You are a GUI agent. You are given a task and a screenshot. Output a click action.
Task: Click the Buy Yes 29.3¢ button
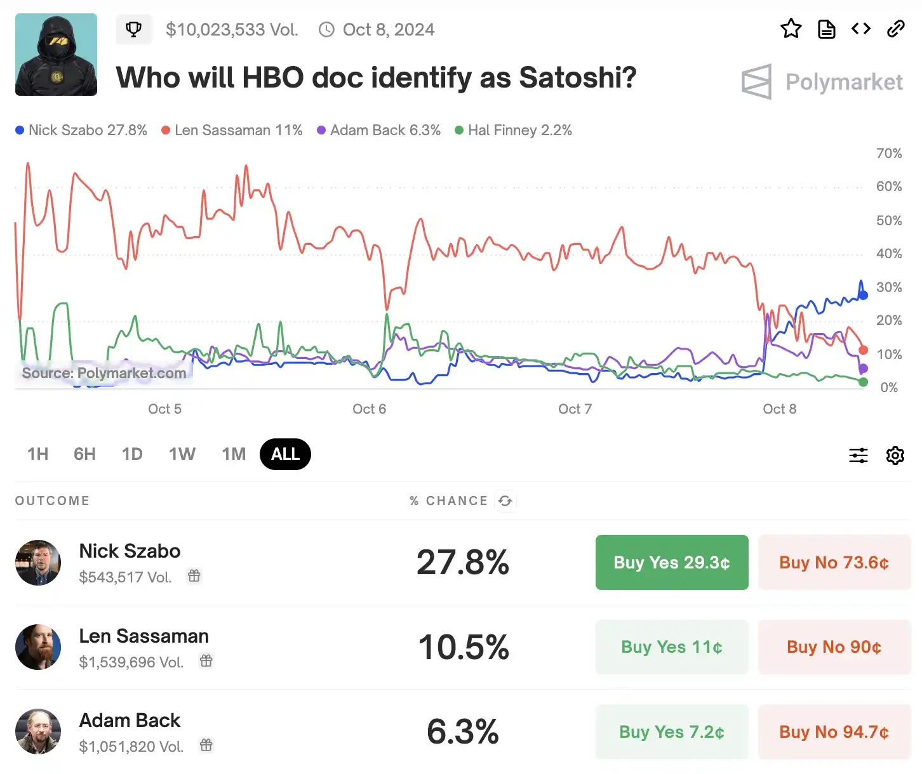(672, 562)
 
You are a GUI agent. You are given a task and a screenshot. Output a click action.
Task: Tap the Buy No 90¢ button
(834, 647)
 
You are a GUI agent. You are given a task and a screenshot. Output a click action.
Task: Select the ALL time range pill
(285, 454)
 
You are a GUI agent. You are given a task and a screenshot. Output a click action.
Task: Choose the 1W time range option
(182, 454)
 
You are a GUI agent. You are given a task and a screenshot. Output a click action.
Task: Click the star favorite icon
(791, 29)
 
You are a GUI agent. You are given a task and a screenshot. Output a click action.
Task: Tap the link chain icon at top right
(895, 29)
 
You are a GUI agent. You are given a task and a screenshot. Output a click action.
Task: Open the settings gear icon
(895, 455)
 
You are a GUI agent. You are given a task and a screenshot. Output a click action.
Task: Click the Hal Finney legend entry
(514, 130)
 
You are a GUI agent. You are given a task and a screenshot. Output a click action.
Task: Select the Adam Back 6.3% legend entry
(379, 130)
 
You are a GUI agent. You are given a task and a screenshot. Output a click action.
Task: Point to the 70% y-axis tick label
(888, 154)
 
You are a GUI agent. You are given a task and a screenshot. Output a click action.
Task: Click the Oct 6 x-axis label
(369, 409)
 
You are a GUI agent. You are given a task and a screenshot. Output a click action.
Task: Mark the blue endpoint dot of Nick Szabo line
(863, 295)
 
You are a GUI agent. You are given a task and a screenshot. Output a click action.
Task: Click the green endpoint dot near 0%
(863, 382)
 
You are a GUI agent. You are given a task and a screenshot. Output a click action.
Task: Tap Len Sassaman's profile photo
(38, 647)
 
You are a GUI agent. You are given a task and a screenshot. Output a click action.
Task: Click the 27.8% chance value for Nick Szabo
(463, 562)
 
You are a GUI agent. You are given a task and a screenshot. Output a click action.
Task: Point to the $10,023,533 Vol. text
(232, 30)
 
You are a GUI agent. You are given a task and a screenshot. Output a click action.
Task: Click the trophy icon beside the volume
(133, 29)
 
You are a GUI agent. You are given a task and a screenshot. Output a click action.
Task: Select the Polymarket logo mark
(756, 82)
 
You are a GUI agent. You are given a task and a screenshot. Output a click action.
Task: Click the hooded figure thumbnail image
(56, 55)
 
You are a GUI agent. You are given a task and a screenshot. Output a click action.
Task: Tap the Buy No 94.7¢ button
(834, 731)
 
